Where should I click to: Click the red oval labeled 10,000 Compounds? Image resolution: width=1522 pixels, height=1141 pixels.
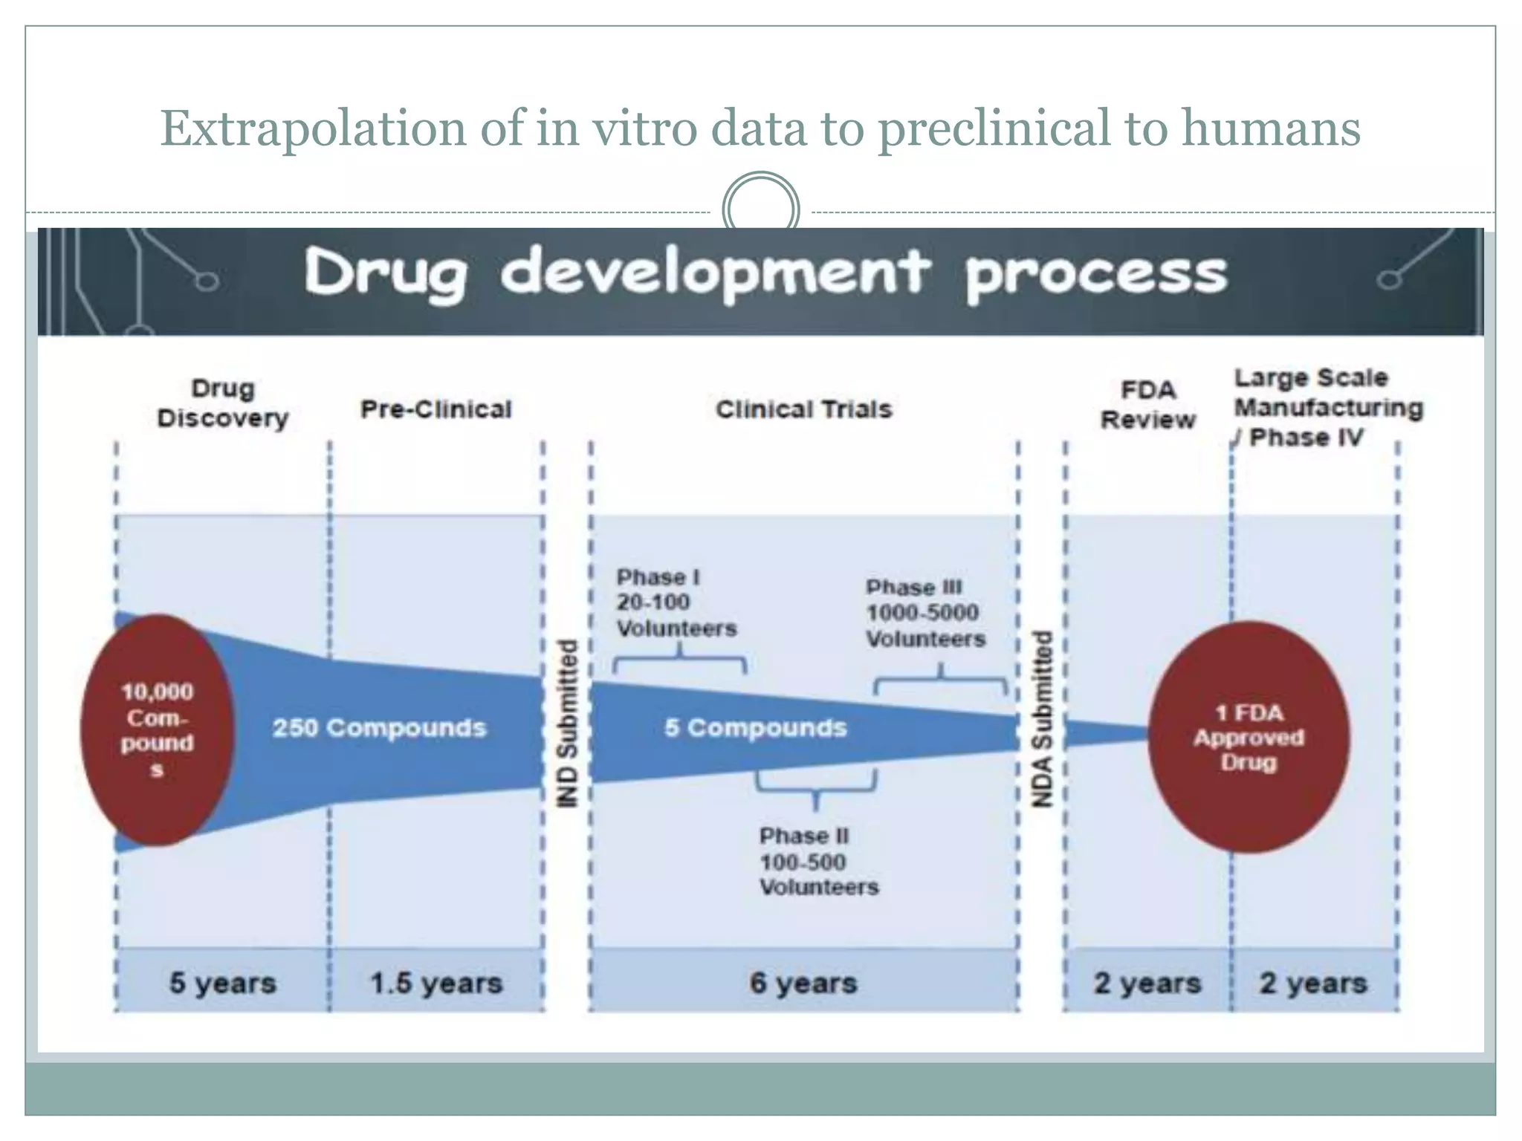(x=157, y=729)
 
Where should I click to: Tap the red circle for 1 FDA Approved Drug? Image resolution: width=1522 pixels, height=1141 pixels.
(x=1249, y=737)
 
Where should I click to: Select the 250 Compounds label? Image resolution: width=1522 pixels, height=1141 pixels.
(x=379, y=727)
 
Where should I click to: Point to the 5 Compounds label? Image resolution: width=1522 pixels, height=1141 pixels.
(x=755, y=727)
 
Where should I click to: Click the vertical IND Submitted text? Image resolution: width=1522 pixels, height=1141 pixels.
(x=568, y=723)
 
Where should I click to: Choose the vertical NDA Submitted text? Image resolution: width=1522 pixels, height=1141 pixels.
(x=1043, y=718)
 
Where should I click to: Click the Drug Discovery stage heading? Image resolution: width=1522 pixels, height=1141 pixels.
(x=222, y=403)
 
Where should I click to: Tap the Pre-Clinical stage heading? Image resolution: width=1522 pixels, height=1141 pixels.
(x=436, y=409)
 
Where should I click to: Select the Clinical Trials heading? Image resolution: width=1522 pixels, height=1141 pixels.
(x=803, y=409)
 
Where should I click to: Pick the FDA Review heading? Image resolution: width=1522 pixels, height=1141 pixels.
(x=1147, y=405)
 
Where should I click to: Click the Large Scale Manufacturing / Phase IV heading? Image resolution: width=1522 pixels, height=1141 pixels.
(x=1327, y=407)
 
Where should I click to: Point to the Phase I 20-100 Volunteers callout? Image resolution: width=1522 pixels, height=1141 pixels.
(x=676, y=602)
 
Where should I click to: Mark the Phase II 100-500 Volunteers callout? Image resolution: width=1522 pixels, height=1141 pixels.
(x=817, y=861)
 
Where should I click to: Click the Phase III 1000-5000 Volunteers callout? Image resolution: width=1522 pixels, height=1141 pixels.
(x=924, y=613)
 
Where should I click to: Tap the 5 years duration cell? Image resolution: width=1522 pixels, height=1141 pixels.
(x=222, y=982)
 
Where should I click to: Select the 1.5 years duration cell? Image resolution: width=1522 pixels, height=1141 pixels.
(x=436, y=983)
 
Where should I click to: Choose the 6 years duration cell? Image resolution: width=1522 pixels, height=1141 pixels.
(x=803, y=982)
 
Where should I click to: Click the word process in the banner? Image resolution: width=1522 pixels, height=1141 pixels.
(x=1096, y=275)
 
